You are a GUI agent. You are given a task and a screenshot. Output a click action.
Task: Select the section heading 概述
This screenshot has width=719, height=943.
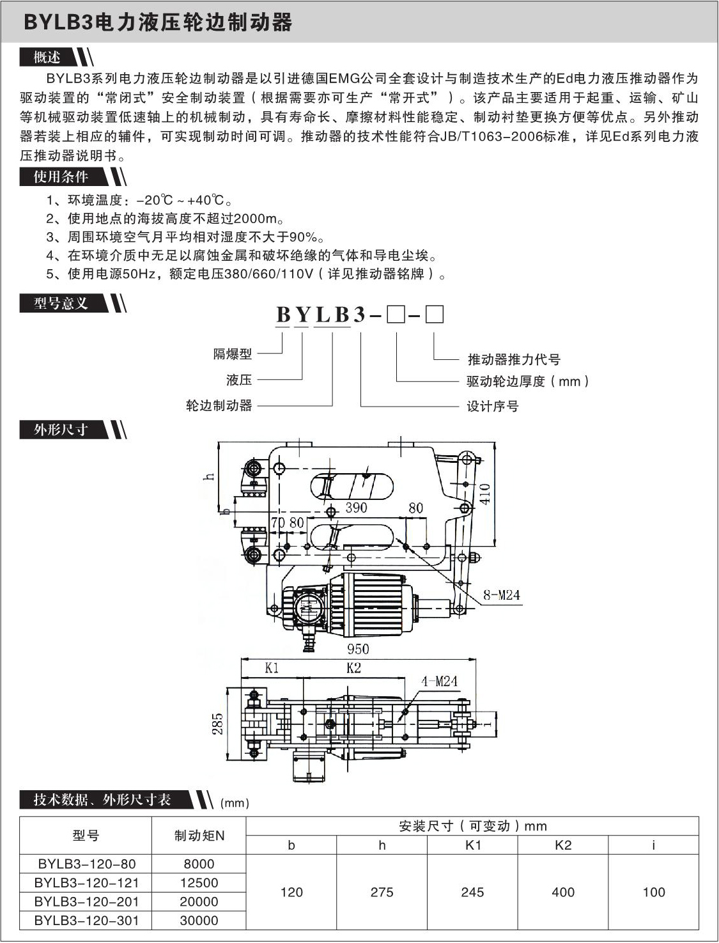[47, 58]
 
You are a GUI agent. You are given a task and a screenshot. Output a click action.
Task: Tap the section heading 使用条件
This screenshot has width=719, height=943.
[61, 176]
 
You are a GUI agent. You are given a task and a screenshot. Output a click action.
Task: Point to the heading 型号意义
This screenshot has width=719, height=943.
[61, 303]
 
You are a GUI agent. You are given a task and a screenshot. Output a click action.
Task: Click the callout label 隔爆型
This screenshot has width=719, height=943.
[233, 354]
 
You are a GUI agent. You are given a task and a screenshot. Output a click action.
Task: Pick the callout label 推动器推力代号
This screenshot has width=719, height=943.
[514, 359]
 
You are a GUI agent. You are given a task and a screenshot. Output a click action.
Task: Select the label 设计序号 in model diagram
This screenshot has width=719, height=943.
[493, 406]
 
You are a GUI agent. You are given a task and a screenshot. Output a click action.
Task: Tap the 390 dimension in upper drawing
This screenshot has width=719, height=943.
[356, 508]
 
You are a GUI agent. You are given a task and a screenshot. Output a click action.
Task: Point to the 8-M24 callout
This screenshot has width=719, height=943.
[501, 595]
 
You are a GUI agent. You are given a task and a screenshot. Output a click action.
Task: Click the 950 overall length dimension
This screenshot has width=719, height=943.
[358, 649]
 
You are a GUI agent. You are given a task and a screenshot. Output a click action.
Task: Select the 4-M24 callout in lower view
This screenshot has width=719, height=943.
[439, 682]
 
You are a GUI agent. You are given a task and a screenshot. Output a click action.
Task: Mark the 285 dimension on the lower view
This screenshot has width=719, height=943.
[218, 724]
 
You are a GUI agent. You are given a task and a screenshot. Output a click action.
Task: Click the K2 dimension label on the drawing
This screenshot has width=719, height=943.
[353, 668]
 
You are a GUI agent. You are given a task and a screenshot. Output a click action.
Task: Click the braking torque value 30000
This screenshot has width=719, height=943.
[199, 921]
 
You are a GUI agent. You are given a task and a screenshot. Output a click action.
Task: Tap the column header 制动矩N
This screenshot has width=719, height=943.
[199, 836]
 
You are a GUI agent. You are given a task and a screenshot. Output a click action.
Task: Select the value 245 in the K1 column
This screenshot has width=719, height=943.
[472, 892]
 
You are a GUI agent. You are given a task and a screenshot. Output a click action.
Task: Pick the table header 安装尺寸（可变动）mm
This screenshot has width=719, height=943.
[472, 826]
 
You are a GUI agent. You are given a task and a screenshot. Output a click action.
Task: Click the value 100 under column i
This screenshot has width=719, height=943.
[653, 892]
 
